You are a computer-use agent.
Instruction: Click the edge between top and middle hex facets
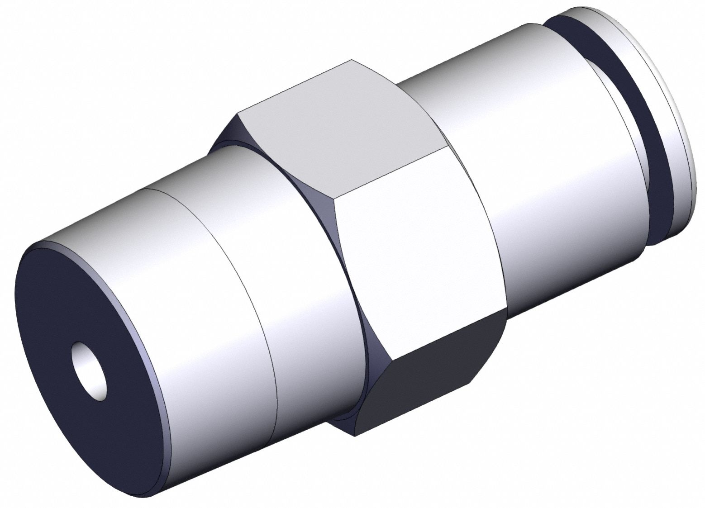pyautogui.click(x=389, y=172)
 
